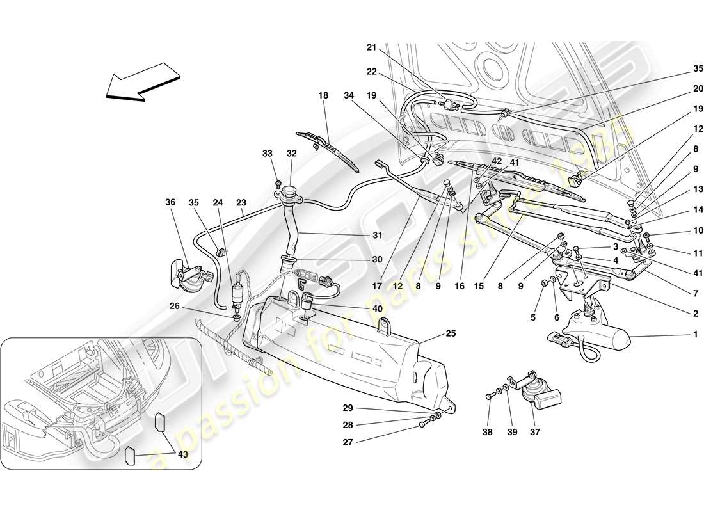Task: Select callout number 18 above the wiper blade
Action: point(323,95)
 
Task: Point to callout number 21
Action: point(371,47)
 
